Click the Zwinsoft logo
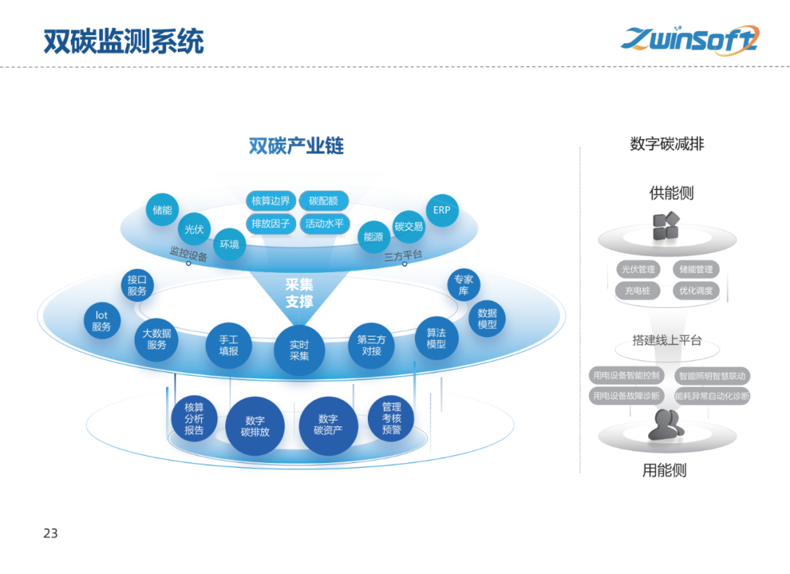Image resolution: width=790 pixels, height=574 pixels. [690, 39]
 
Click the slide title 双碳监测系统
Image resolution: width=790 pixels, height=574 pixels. [124, 42]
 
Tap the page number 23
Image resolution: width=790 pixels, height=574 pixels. [50, 533]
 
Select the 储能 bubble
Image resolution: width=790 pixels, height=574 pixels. [162, 210]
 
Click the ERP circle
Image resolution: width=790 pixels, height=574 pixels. [442, 210]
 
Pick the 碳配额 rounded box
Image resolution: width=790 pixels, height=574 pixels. [323, 201]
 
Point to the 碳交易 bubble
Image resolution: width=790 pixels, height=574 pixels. [409, 227]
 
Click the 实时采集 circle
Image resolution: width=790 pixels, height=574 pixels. [299, 350]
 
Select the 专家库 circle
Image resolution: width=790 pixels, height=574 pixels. [464, 285]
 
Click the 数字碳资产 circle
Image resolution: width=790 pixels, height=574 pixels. [328, 425]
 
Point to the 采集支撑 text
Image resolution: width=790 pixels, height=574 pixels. [299, 292]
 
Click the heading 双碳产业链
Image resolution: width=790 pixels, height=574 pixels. [296, 146]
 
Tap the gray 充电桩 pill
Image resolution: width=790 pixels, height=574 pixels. [637, 290]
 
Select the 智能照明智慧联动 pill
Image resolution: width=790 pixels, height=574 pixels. [712, 376]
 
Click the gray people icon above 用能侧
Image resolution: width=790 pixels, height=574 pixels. [666, 425]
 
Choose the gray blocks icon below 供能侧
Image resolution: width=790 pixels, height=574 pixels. [666, 226]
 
